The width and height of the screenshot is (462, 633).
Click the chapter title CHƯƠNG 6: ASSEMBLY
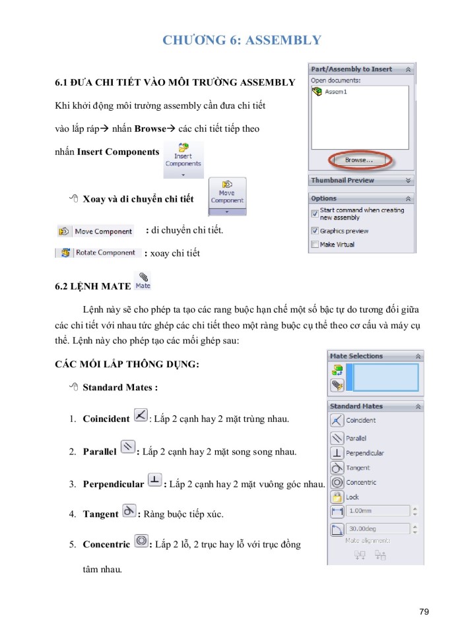click(242, 40)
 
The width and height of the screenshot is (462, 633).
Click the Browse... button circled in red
click(358, 160)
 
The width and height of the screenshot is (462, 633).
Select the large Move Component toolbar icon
click(227, 196)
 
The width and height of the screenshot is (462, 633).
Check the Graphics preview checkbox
click(314, 231)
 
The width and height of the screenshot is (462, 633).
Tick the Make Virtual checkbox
click(314, 244)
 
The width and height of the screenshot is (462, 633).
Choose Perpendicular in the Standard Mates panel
click(364, 453)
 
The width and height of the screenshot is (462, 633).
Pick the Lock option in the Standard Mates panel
click(352, 497)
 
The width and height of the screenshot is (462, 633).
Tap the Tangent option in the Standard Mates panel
click(358, 467)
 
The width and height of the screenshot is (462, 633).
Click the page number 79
click(424, 612)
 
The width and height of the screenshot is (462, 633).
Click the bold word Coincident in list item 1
click(106, 419)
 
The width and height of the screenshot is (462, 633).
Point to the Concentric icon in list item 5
click(141, 541)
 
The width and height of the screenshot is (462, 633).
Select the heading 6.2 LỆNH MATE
click(92, 287)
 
